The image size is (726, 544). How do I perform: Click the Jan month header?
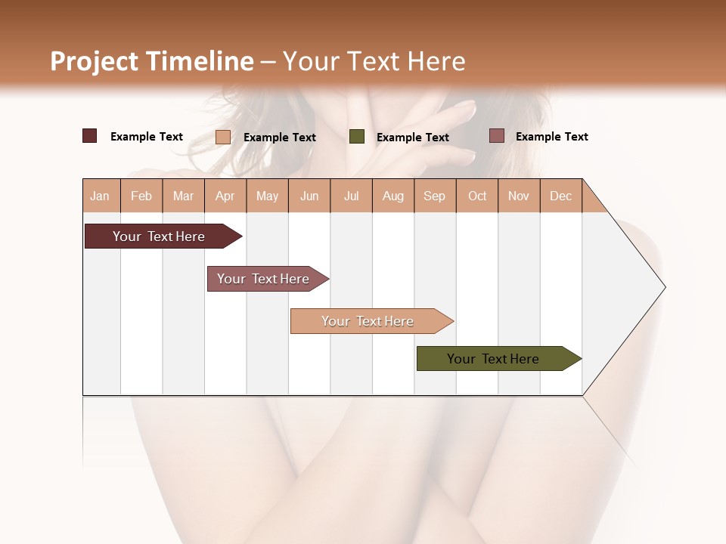point(100,196)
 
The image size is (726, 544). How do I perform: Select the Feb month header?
point(141,196)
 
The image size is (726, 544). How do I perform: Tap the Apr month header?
point(225,196)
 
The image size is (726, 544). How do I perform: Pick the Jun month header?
point(309,196)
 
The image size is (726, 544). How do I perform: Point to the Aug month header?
point(392,196)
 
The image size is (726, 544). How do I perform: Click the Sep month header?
point(434,196)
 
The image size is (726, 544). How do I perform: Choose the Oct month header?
point(477,196)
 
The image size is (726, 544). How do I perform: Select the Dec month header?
point(560,196)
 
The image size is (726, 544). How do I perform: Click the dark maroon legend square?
point(89,136)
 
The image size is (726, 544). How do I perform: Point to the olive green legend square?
point(357,137)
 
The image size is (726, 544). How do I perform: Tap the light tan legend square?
point(223,137)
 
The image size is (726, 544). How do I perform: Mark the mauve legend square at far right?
point(496,136)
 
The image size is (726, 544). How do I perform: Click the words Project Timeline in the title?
point(151,61)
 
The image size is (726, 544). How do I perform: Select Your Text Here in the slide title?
point(374,61)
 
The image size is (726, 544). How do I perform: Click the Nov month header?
point(518,196)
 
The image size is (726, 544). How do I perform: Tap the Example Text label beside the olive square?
point(412,138)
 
